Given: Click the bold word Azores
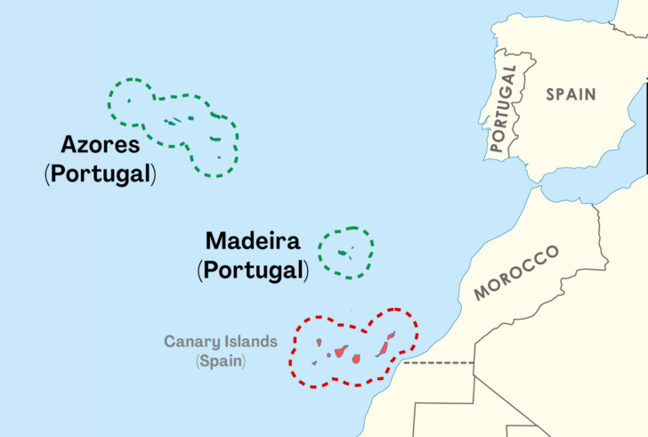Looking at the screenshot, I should [x=101, y=144].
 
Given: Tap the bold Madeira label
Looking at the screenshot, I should [x=253, y=240].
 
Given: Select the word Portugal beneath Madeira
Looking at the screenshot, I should [x=254, y=269].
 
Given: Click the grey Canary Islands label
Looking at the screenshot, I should [x=221, y=342].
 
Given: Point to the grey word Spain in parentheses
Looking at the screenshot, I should [x=221, y=361].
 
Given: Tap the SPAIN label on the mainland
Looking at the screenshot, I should [x=571, y=93].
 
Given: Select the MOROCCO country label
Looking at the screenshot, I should [x=516, y=272].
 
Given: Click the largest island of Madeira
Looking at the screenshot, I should [x=342, y=253].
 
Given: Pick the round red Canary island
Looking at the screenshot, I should [x=356, y=359].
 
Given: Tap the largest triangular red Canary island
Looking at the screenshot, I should [x=342, y=350].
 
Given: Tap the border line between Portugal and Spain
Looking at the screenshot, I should [x=526, y=98].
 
